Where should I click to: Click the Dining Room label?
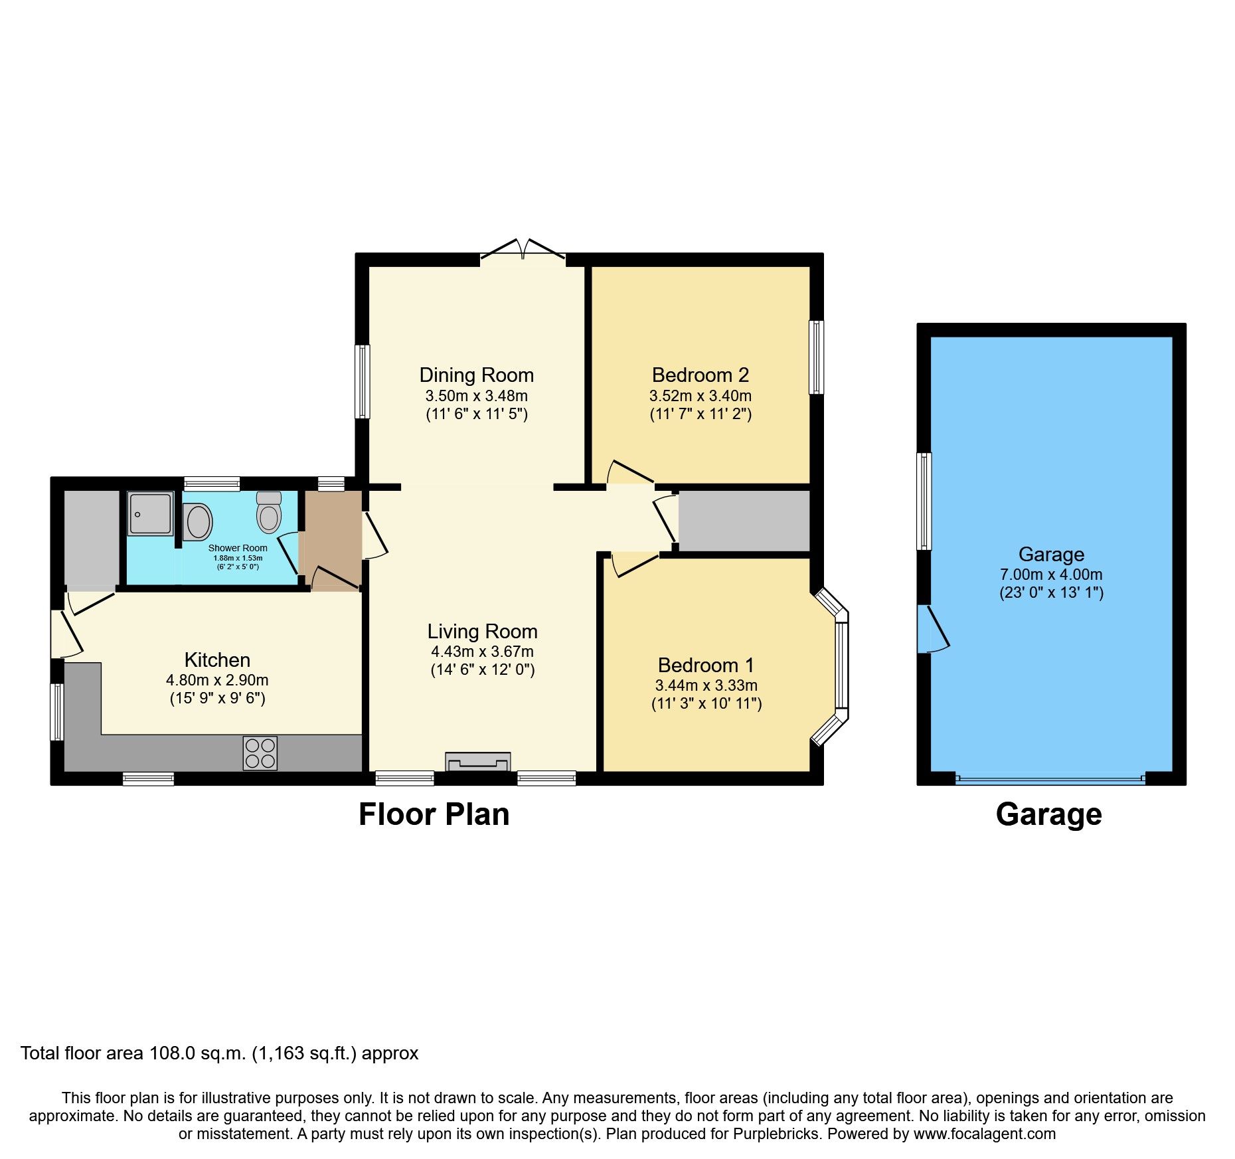click(476, 375)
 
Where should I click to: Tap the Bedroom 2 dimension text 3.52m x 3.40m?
click(700, 396)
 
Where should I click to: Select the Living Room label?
click(482, 632)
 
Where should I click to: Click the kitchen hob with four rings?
click(260, 753)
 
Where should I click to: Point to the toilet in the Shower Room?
click(269, 515)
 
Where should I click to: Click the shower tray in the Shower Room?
click(150, 513)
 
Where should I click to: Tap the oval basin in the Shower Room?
click(198, 522)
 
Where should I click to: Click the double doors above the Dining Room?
click(523, 250)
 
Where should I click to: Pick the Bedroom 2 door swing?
click(628, 472)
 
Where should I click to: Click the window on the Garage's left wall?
click(924, 501)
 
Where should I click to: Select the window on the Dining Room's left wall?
click(362, 381)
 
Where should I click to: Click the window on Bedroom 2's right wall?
click(816, 357)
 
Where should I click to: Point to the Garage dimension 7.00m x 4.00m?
click(1050, 575)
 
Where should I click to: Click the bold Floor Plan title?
click(434, 814)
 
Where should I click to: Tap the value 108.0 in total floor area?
click(172, 1053)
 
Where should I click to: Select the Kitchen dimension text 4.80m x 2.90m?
click(217, 680)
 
